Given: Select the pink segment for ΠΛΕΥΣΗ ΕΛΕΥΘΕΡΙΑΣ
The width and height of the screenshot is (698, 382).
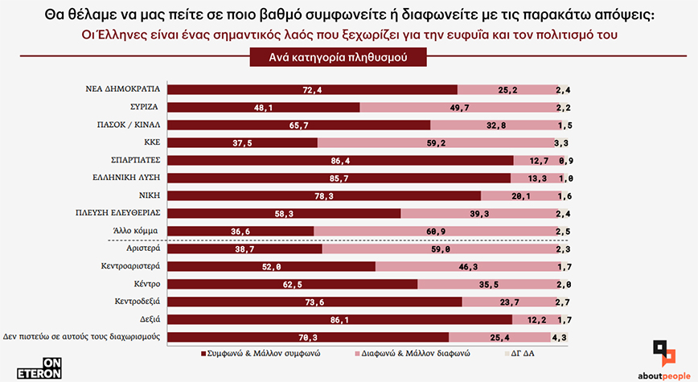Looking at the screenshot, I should (x=477, y=213).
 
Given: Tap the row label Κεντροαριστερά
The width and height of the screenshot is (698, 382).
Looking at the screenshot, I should (x=130, y=266).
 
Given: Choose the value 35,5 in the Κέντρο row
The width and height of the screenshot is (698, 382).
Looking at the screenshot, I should (x=482, y=284).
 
